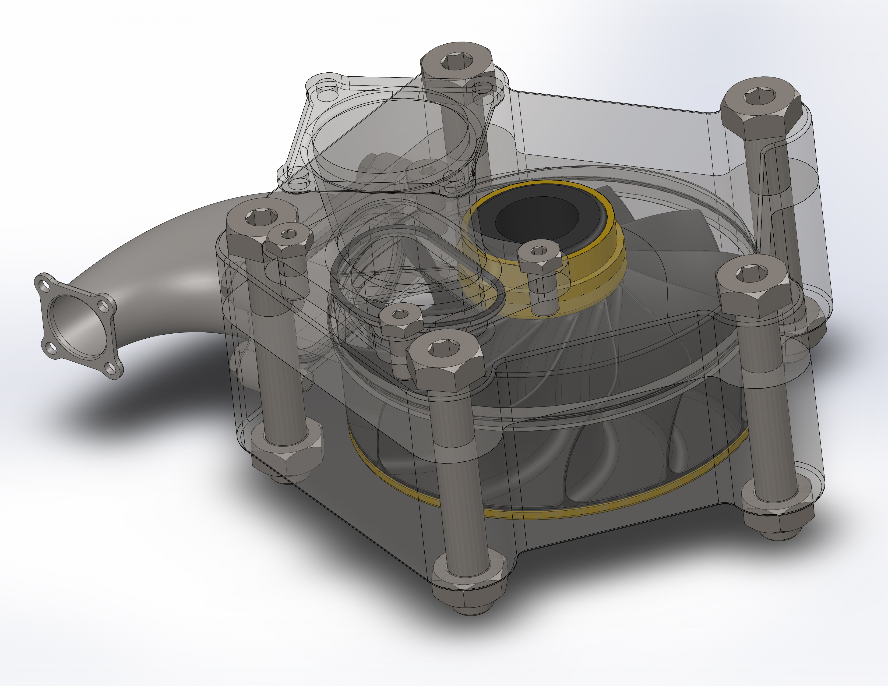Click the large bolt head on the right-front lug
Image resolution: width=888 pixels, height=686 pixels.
pyautogui.click(x=752, y=284)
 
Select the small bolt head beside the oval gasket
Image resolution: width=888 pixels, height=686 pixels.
pyautogui.click(x=400, y=321)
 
